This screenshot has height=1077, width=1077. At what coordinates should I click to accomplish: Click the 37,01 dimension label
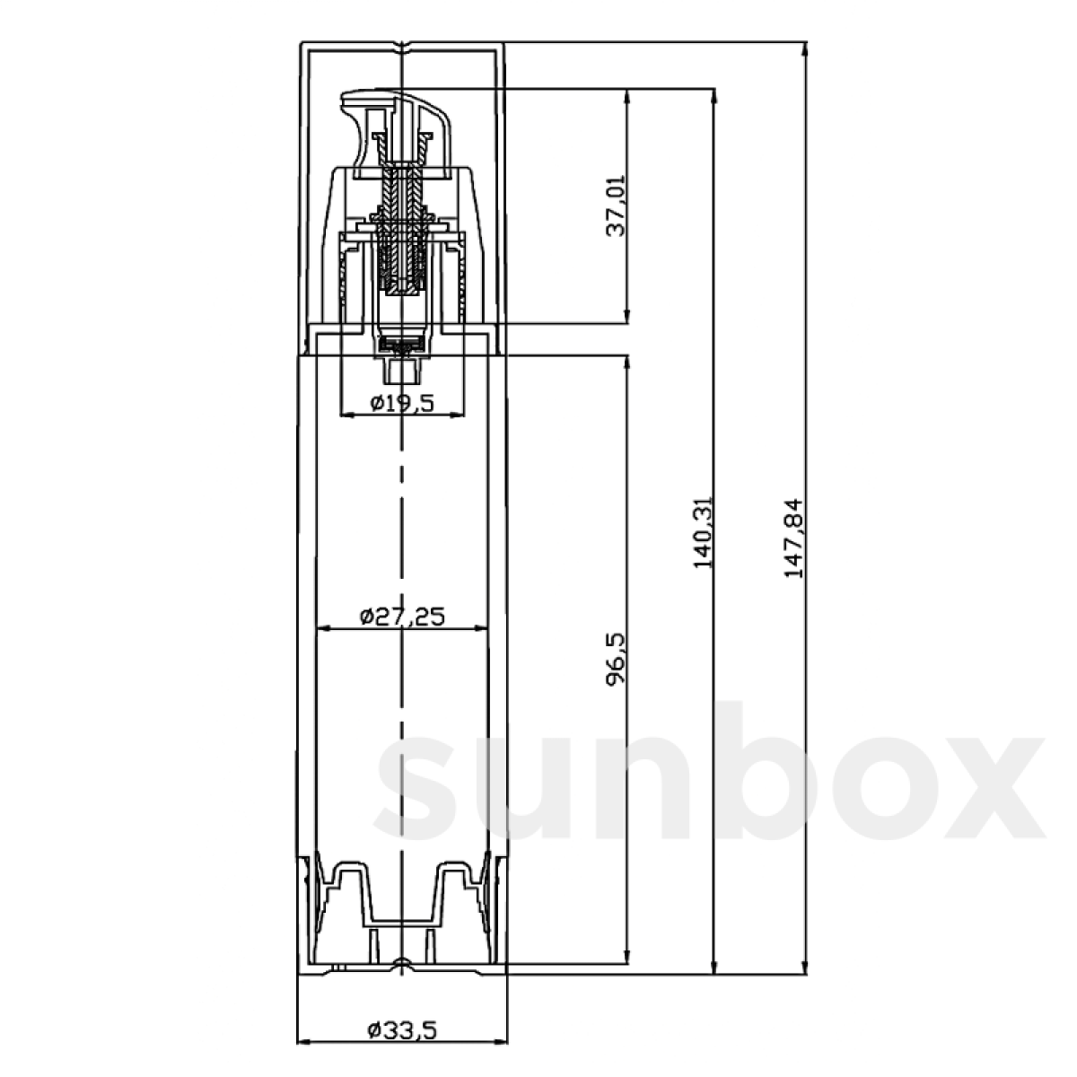[616, 206]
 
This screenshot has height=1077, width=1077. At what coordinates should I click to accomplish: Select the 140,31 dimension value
[703, 531]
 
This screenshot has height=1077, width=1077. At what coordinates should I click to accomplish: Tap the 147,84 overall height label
[793, 538]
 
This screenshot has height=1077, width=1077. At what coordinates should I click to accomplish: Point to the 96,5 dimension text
[616, 659]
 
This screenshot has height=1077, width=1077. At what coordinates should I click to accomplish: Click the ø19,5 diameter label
[402, 402]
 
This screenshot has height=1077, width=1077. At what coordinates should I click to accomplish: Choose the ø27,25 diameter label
[402, 617]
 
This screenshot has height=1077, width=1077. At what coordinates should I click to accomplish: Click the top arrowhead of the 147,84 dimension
[805, 49]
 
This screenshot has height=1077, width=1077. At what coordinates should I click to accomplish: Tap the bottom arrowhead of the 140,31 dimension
[714, 966]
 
